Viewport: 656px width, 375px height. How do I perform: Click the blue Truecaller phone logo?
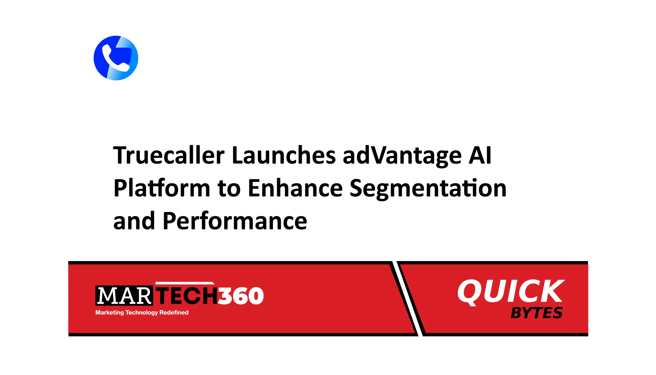pyautogui.click(x=116, y=58)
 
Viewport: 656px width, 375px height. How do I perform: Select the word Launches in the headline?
pyautogui.click(x=284, y=155)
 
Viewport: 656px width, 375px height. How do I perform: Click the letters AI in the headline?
pyautogui.click(x=480, y=155)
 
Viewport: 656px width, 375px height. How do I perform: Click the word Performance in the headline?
pyautogui.click(x=235, y=221)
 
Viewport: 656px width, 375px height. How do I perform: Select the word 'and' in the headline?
pyautogui.click(x=134, y=221)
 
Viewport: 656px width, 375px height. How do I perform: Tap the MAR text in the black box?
pyautogui.click(x=124, y=296)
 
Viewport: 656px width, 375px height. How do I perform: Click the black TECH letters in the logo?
pyautogui.click(x=187, y=296)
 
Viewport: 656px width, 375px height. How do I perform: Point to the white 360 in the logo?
pyautogui.click(x=241, y=296)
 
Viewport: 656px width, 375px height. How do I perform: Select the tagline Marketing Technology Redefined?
pyautogui.click(x=142, y=312)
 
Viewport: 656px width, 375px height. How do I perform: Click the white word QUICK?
pyautogui.click(x=511, y=292)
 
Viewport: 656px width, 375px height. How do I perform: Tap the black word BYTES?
pyautogui.click(x=537, y=313)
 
